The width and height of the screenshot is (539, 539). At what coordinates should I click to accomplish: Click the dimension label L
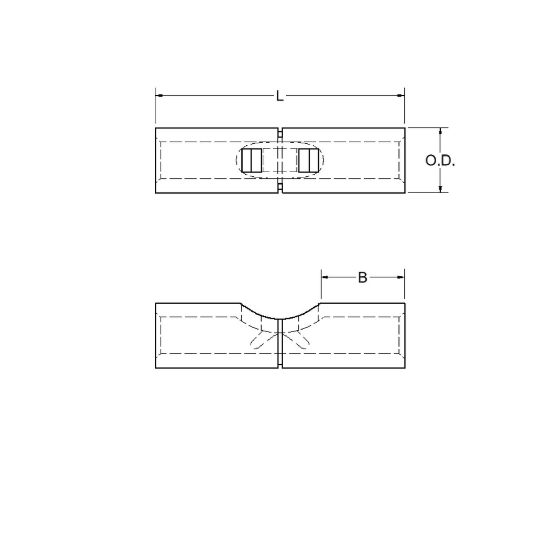point(280,96)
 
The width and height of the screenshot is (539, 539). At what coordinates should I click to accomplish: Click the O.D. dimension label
point(440,161)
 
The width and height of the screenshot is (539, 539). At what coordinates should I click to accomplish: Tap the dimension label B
point(362,277)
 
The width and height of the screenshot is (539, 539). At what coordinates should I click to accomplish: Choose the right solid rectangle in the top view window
point(308,161)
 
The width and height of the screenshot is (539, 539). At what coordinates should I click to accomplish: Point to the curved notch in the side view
point(280,317)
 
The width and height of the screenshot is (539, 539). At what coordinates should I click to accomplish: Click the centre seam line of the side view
point(280,347)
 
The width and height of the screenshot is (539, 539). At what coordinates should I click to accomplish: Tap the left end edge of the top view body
point(156,161)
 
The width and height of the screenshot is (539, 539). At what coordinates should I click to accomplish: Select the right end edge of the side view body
point(404,336)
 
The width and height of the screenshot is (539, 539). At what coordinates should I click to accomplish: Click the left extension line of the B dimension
point(321,287)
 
